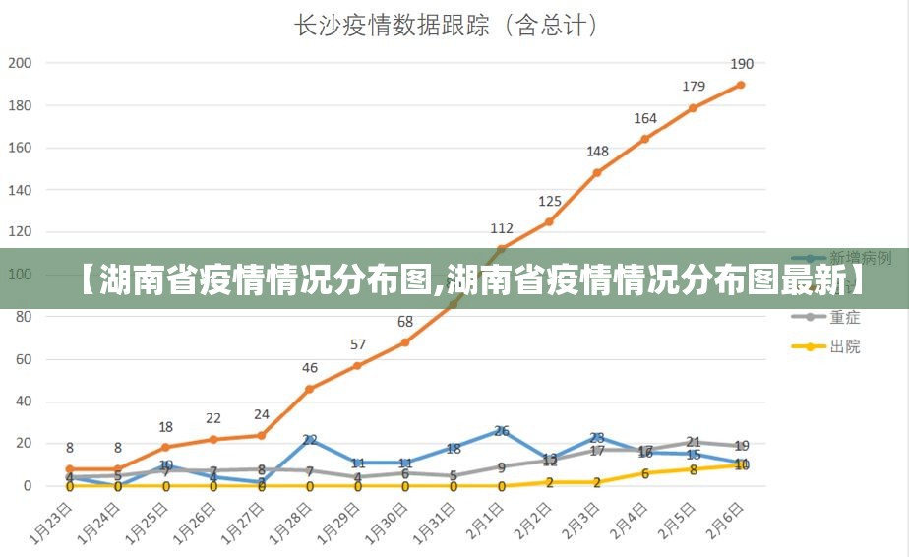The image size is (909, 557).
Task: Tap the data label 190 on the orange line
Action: pos(742,64)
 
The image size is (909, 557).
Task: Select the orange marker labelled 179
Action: pos(694,107)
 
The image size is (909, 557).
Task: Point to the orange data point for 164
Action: pos(645,139)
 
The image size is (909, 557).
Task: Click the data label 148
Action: pos(597,152)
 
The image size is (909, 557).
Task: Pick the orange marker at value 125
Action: pos(549,221)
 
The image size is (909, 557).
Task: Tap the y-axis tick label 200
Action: pos(21,63)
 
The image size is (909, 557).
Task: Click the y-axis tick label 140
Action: pos(21,190)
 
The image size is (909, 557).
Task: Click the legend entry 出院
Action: pos(844,346)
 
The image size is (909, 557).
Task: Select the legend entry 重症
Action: pos(844,317)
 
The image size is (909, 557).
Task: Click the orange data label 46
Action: pos(310,368)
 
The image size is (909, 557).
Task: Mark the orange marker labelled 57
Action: pos(358,366)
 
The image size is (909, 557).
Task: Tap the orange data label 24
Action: pos(262,415)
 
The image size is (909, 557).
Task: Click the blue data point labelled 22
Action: pos(310,439)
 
